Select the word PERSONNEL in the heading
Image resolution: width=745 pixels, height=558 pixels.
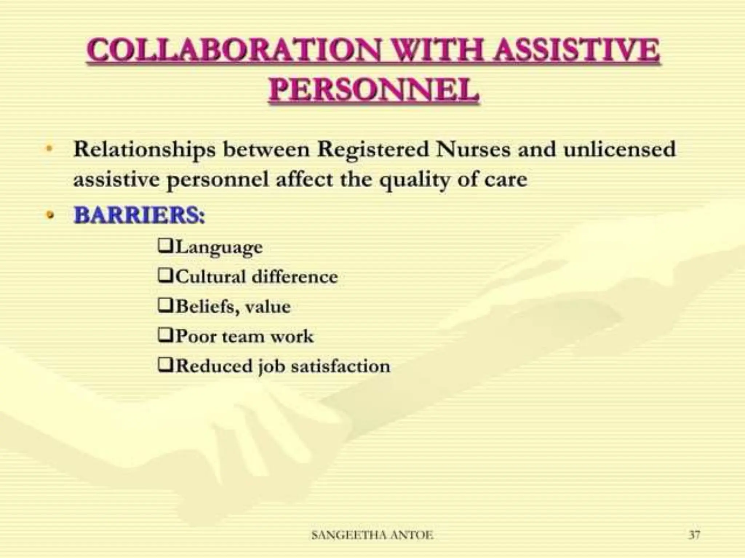click(x=374, y=90)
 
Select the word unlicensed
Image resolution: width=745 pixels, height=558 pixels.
click(x=619, y=149)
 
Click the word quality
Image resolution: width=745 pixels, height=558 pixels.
click(x=414, y=180)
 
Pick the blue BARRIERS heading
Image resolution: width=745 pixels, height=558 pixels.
click(x=139, y=215)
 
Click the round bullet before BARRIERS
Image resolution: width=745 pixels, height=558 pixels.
click(x=50, y=215)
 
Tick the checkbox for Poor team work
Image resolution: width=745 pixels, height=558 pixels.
click(x=166, y=335)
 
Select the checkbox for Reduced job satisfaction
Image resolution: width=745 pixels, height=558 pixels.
click(x=166, y=365)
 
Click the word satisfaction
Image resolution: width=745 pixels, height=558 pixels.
click(x=340, y=366)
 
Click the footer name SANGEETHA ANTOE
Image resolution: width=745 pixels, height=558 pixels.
click(x=372, y=535)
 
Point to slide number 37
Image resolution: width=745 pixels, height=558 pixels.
click(x=694, y=535)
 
